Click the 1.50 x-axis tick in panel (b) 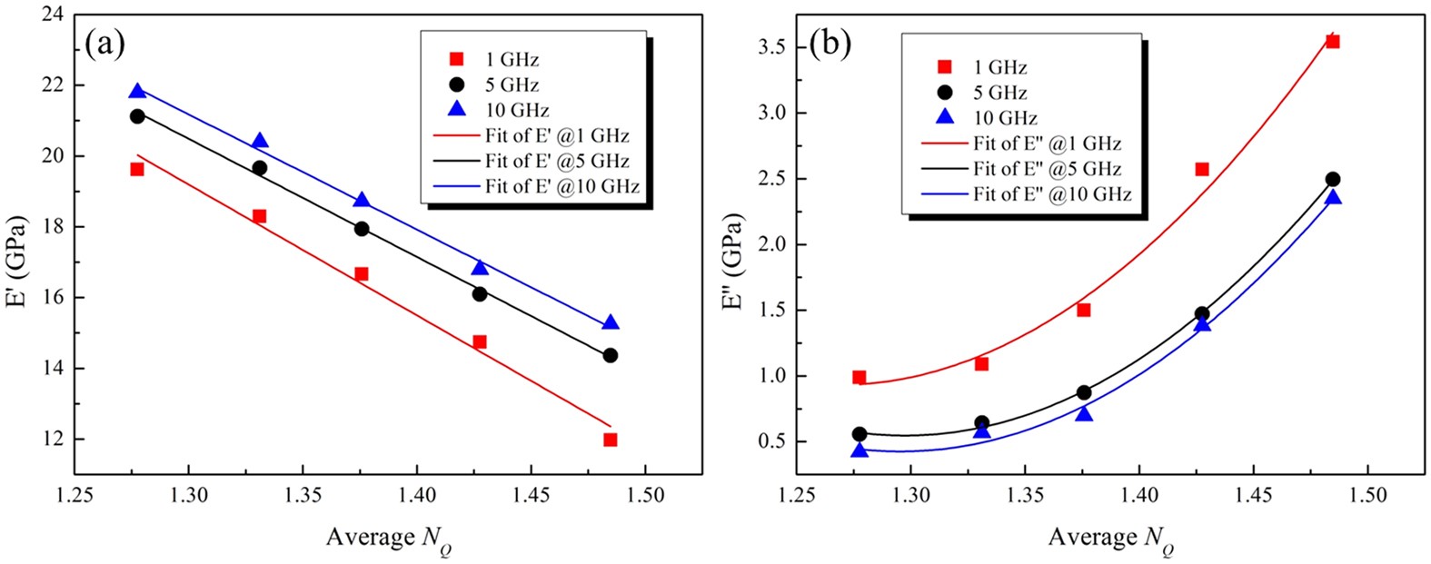click(1367, 495)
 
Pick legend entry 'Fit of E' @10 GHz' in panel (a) click(561, 187)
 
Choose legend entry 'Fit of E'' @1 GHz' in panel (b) click(1047, 143)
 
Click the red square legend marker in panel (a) click(457, 59)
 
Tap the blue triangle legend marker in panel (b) click(945, 117)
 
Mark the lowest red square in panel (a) click(611, 440)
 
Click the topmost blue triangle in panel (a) click(137, 91)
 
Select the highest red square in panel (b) click(1333, 41)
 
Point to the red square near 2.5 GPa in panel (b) click(1202, 169)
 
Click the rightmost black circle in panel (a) click(611, 355)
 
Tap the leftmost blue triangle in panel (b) click(860, 450)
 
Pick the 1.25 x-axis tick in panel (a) click(75, 495)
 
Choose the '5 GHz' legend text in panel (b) click(1000, 93)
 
